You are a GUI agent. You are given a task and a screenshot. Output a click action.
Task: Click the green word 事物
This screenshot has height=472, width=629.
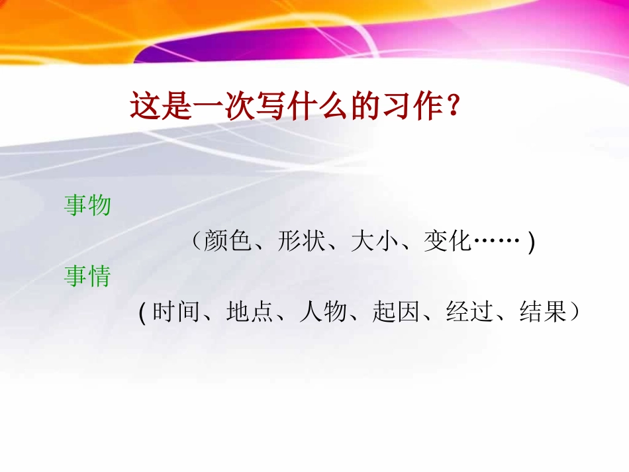pyautogui.click(x=87, y=206)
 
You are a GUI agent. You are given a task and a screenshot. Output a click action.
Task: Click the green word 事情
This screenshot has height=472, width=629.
pyautogui.click(x=87, y=277)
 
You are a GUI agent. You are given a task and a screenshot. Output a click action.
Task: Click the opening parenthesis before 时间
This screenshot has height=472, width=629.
pyautogui.click(x=143, y=312)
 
